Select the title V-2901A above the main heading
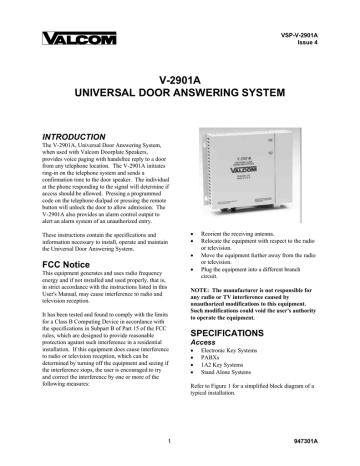pyautogui.click(x=179, y=76)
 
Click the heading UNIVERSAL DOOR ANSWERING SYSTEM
pyautogui.click(x=179, y=92)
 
